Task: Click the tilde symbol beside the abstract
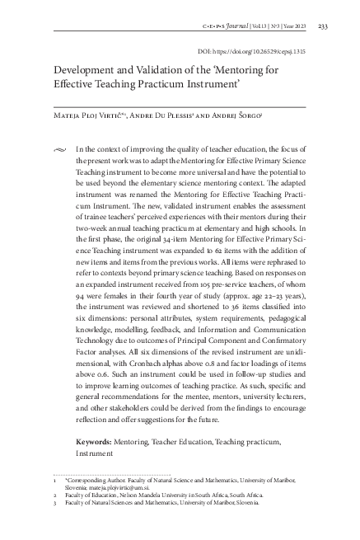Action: [56, 149]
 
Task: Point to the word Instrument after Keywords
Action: [93, 453]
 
